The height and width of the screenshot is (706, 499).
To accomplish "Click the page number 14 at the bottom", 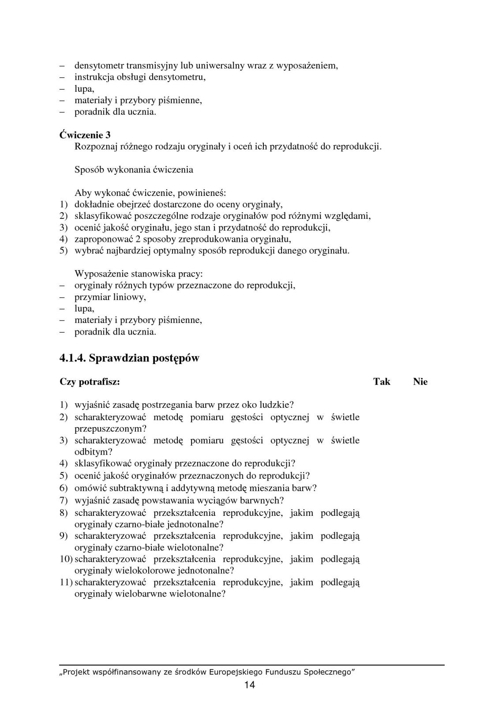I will (x=249, y=685).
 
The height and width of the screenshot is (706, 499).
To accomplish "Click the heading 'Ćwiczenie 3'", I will (x=85, y=135).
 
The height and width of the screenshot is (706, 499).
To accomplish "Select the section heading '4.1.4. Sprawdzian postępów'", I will (x=129, y=358).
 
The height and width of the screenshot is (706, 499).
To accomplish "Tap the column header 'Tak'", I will (x=382, y=382).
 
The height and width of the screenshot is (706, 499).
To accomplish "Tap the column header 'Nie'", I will (x=420, y=382).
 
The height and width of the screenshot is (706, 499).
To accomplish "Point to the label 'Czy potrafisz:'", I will (x=90, y=382).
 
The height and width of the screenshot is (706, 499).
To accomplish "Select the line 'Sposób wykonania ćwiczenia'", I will (x=134, y=169).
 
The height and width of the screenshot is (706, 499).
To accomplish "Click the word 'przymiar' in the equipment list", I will (x=91, y=297).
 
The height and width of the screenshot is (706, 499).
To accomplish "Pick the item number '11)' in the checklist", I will (x=66, y=582).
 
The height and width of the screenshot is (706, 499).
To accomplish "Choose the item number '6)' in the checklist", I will (x=64, y=488).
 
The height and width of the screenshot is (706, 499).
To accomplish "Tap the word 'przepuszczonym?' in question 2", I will (x=110, y=428).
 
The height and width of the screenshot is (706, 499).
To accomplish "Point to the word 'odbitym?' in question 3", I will (x=93, y=451).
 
